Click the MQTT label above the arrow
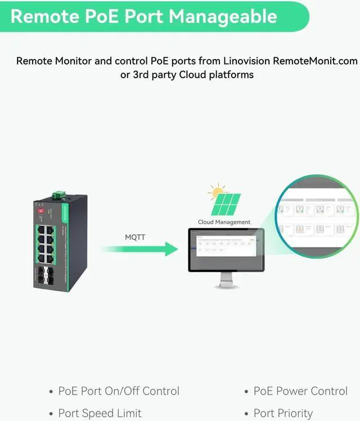(135, 237)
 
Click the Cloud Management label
(224, 222)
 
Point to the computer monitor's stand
(226, 279)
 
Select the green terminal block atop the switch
(59, 195)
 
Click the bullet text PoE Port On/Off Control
(119, 391)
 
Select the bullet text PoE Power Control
(300, 391)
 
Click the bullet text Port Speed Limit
(100, 413)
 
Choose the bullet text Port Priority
(283, 413)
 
